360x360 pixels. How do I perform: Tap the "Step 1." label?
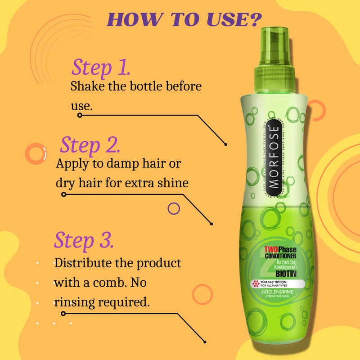101,67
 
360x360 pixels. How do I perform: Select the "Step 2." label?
90,145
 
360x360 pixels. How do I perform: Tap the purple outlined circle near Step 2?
173,208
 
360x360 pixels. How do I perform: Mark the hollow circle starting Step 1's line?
80,115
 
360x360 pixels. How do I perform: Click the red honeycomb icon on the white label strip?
257,284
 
